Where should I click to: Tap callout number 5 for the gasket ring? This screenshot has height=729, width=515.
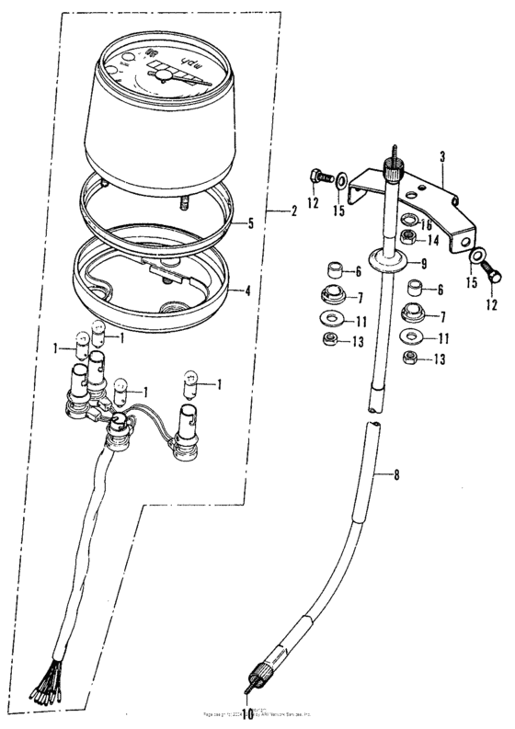click(x=249, y=223)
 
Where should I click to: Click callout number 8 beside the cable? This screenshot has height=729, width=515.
click(x=397, y=475)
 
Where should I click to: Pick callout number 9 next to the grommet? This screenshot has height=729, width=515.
click(x=425, y=264)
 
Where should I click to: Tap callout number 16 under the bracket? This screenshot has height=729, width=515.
click(x=427, y=223)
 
